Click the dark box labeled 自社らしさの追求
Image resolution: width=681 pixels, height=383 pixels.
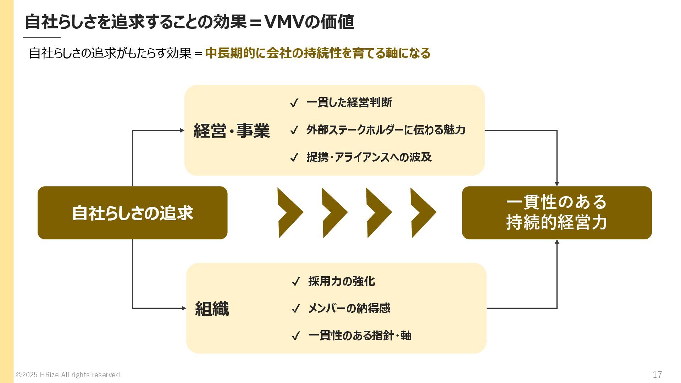tap(132, 213)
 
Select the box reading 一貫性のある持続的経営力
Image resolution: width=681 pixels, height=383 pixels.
tap(557, 213)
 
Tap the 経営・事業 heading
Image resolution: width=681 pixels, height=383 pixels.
tap(232, 131)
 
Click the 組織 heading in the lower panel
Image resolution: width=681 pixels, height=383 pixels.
tap(212, 309)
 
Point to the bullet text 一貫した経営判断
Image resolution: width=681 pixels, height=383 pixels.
tap(349, 102)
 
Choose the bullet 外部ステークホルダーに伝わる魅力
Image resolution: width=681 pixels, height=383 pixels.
tap(386, 130)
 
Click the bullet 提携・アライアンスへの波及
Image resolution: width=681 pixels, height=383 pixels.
tap(369, 157)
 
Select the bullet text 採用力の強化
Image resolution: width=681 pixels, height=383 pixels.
tap(342, 281)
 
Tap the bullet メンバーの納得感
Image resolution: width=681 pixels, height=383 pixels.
tap(349, 308)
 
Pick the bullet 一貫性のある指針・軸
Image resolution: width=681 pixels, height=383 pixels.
tap(360, 335)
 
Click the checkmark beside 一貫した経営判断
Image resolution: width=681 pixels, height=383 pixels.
tap(294, 103)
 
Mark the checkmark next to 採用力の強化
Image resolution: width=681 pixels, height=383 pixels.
tap(295, 282)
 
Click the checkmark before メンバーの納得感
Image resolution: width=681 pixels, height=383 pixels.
tap(295, 309)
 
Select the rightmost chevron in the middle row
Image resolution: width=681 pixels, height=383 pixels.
tap(423, 213)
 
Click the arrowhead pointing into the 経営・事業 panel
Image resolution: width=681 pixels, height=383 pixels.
tap(182, 131)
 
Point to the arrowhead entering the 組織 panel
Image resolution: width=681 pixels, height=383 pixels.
tap(184, 308)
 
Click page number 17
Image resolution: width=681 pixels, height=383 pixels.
tap(657, 374)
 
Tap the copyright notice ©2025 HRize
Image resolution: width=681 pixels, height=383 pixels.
tap(69, 375)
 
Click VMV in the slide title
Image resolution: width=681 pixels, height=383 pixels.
tap(285, 22)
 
